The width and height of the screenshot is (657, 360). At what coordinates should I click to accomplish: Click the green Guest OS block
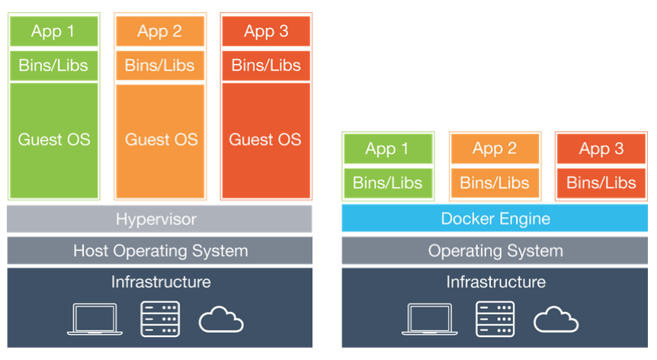point(53,140)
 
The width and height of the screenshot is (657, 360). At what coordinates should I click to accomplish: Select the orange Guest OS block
point(160,140)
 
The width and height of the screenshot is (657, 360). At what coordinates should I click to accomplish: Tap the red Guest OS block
point(265,140)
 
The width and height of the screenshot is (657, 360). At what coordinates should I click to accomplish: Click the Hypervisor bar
point(159,219)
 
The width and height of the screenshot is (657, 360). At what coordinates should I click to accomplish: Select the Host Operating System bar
point(159,250)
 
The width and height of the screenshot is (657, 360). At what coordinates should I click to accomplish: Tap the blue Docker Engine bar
point(495,219)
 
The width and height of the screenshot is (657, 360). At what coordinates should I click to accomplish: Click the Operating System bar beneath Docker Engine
point(495,250)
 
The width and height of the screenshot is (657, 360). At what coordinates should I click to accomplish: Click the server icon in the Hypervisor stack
point(160,319)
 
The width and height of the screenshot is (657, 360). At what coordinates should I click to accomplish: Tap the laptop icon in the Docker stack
point(428,319)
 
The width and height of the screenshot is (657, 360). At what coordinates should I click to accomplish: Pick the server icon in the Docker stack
point(495,319)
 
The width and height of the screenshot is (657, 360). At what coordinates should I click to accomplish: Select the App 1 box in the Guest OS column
point(53,31)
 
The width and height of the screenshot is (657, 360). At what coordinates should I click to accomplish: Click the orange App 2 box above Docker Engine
point(495,149)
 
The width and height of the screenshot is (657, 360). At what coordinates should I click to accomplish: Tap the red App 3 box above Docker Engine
point(601,149)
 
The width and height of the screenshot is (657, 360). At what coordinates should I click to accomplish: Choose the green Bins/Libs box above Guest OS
point(53,66)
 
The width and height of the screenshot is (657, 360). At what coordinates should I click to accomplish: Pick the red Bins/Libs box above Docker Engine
point(601,183)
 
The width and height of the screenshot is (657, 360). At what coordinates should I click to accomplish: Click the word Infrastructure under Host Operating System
point(160,281)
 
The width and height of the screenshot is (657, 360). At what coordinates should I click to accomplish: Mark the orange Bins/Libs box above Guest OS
point(160,66)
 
